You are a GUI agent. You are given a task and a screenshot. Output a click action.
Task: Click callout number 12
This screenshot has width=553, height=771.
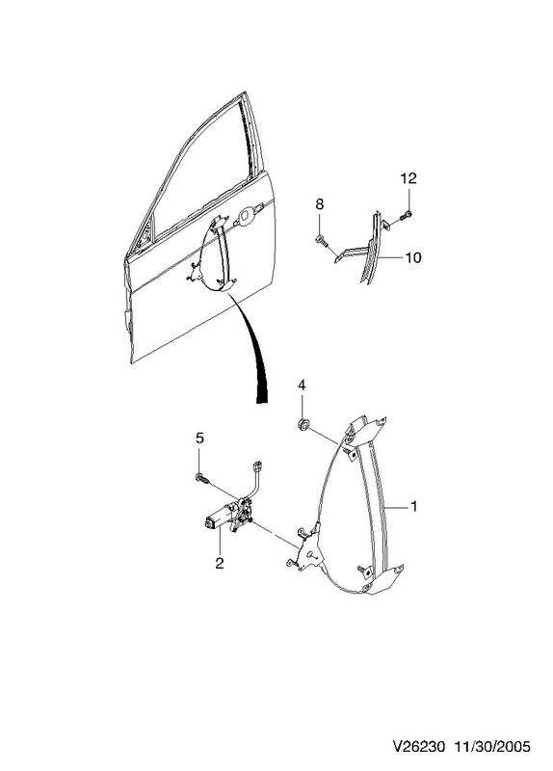point(408,178)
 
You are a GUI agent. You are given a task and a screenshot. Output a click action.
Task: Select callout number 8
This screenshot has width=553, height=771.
point(320,203)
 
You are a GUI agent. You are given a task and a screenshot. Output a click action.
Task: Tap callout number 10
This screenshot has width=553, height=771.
point(413,257)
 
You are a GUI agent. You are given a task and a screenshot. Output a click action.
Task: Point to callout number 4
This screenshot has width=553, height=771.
point(302,385)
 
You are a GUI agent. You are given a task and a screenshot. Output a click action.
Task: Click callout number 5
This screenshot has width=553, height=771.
point(199,438)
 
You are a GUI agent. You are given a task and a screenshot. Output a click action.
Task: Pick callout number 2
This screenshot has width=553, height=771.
point(220,563)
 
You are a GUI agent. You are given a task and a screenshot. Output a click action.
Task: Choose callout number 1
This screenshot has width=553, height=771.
point(414,506)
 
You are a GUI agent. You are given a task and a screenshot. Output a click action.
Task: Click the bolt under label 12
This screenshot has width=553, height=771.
point(406,214)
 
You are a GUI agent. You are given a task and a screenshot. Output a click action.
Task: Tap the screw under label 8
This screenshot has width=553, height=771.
point(320,241)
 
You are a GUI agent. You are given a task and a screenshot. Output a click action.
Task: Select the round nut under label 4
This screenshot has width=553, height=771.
point(303,424)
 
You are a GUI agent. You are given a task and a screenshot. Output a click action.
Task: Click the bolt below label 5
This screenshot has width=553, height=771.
point(202,477)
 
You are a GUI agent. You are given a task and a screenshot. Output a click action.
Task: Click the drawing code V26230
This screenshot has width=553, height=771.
point(419,747)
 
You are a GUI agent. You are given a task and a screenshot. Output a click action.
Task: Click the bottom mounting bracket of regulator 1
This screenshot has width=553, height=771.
point(382,579)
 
